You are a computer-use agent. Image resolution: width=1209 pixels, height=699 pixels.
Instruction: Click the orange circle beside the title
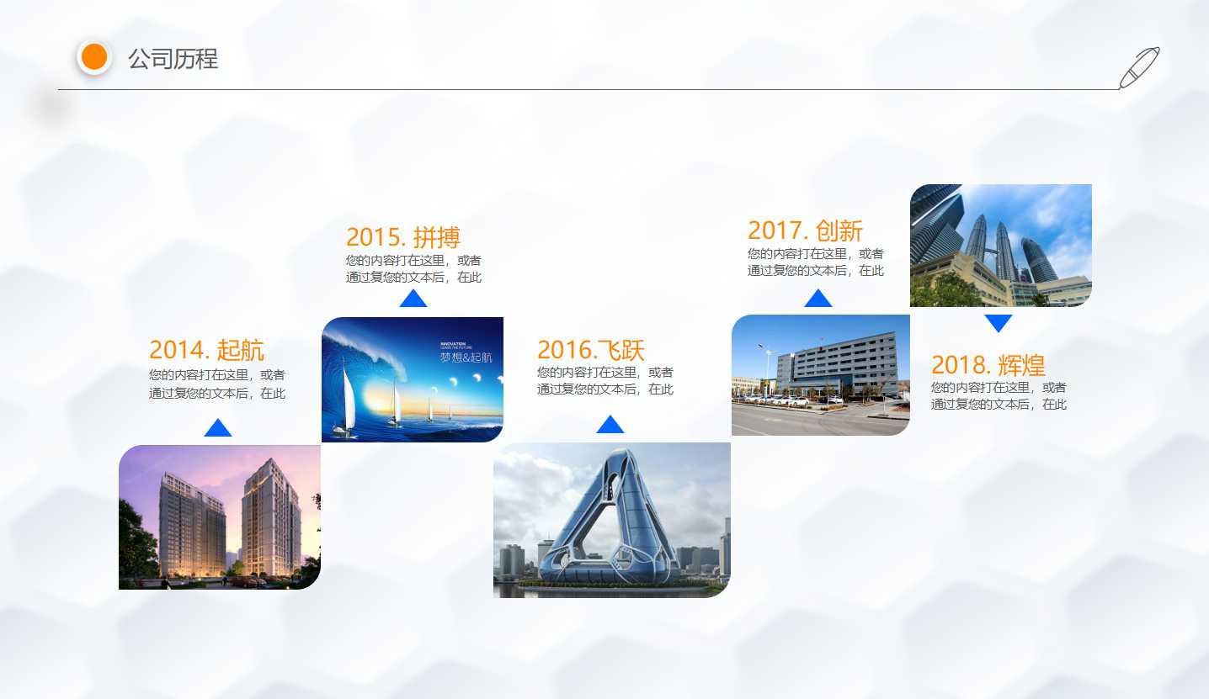tap(94, 57)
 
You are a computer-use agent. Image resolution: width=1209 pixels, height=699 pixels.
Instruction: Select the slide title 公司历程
tap(173, 59)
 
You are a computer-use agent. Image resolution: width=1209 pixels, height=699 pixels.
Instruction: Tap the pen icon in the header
tap(1138, 67)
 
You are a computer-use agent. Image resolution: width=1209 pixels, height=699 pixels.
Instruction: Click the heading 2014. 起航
tap(206, 349)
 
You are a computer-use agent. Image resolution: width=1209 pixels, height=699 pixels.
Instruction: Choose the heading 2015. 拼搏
tap(403, 237)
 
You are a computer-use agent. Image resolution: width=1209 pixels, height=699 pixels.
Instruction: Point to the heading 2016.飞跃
tap(590, 349)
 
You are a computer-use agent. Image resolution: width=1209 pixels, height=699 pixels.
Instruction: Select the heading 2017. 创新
tap(805, 230)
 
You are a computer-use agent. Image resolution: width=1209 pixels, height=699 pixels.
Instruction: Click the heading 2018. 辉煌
tap(988, 365)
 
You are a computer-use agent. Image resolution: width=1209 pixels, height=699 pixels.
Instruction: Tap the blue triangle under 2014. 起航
tap(218, 428)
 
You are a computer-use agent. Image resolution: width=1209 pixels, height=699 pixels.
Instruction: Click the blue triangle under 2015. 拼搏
tap(413, 299)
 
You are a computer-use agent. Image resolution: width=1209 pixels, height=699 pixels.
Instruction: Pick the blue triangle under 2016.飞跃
tap(610, 425)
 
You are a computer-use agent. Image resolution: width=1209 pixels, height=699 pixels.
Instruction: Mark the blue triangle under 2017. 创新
tap(818, 299)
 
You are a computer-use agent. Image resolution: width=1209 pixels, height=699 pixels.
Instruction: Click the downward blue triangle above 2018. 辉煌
tap(998, 323)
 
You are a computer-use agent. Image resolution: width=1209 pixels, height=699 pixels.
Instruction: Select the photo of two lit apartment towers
tap(220, 517)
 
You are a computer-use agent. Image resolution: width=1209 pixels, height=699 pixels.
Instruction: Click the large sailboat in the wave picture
tap(343, 400)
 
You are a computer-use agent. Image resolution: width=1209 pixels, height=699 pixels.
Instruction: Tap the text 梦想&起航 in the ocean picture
tap(466, 357)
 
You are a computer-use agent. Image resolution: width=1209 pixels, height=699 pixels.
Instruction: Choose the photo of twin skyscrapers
tap(1001, 246)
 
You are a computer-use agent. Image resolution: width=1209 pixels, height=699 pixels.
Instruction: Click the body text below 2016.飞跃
tap(605, 380)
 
